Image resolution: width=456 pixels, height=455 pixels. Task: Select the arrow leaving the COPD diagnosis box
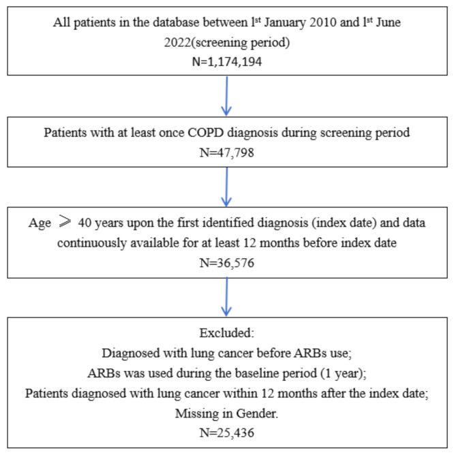pos(228,184)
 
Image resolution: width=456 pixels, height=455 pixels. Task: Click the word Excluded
pos(228,334)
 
